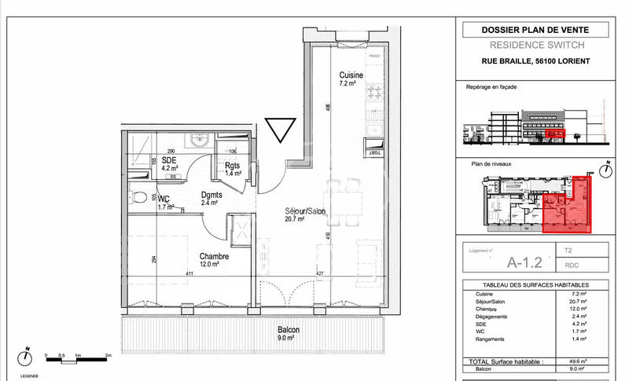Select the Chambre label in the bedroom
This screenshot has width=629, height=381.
[214, 257]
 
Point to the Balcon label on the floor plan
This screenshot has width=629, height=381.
[289, 331]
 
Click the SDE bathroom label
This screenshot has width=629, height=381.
[170, 159]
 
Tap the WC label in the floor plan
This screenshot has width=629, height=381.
[164, 199]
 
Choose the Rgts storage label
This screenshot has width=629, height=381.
[232, 165]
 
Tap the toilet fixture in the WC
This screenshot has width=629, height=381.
[138, 197]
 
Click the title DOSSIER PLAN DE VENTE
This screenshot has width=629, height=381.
[535, 31]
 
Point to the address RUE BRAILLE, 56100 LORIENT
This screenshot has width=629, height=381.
[535, 61]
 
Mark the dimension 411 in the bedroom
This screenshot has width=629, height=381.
[189, 273]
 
